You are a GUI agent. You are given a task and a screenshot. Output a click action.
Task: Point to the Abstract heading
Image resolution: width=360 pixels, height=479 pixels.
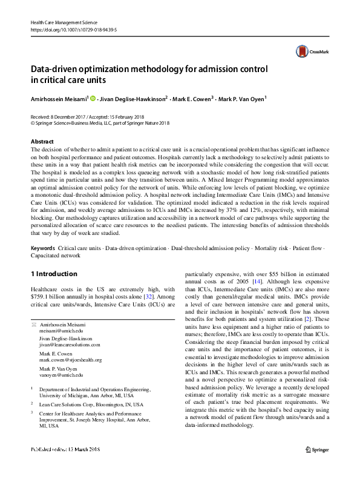tap(42, 141)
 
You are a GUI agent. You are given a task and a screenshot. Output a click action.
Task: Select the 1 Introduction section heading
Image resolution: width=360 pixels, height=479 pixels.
tap(54, 274)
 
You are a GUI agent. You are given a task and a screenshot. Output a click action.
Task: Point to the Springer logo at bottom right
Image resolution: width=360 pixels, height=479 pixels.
tap(316, 466)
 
